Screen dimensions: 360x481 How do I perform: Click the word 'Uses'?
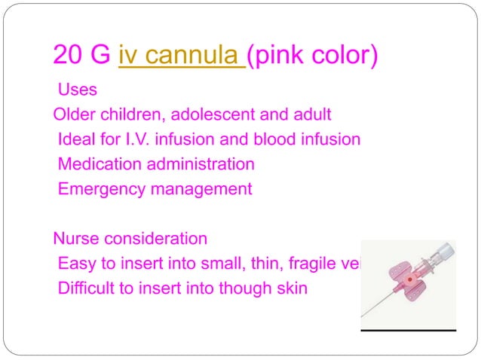[78, 90]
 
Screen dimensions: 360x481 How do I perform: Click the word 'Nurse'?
[75, 239]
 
